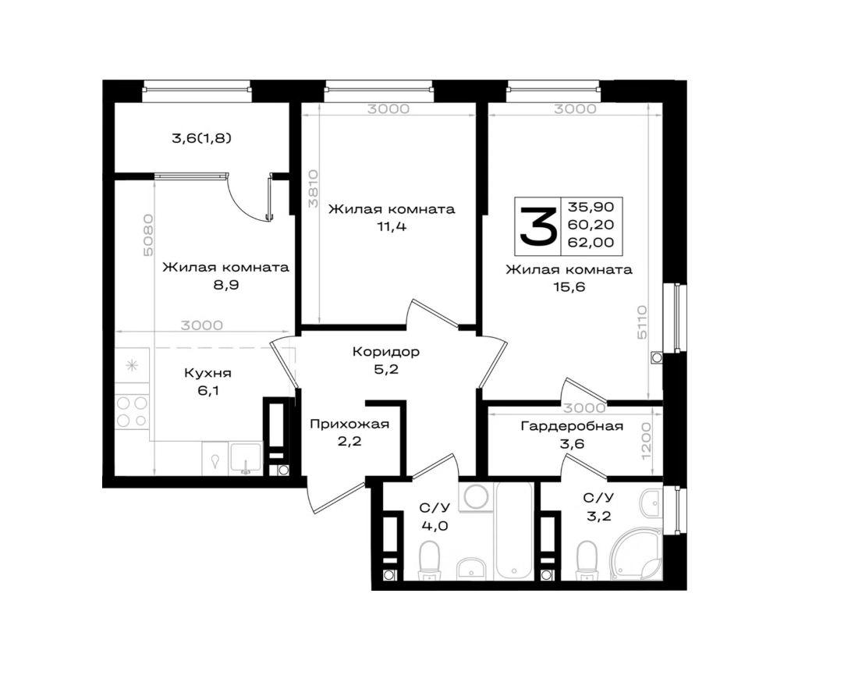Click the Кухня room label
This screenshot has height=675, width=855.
coord(208,374)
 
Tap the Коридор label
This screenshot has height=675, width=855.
coord(386,352)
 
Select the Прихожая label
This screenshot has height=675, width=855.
coord(349,424)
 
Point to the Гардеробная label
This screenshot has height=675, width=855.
coord(572,426)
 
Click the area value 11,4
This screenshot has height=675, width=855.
coord(392,226)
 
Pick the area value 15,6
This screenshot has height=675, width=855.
coord(569,287)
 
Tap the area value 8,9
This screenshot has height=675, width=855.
coord(226,285)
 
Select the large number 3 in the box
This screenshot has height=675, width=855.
coord(537,226)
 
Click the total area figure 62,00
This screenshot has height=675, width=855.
coord(591,242)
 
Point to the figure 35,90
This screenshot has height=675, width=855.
coord(591,208)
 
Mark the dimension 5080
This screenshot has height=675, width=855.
coord(147,236)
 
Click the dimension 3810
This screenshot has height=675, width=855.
coord(313,189)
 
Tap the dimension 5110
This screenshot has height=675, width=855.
coord(641,322)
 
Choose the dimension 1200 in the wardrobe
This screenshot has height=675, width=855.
coord(647,441)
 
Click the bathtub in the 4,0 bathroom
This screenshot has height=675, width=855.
coord(513,531)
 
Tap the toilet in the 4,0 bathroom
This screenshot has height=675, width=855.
coord(430,560)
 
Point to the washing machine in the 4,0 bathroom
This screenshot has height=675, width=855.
coord(475,497)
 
